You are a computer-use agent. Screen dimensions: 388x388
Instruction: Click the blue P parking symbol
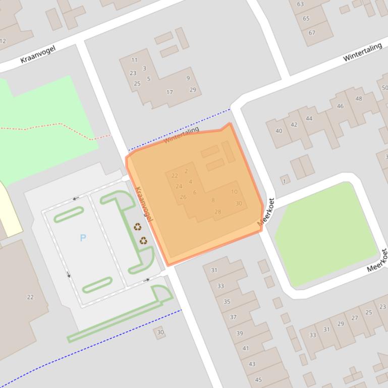(83, 238)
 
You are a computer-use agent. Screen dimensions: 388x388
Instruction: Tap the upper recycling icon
(138, 227)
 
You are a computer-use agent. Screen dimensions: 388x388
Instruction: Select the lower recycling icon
(144, 241)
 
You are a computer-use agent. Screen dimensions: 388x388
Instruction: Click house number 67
(312, 33)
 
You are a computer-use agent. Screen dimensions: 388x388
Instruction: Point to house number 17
(170, 92)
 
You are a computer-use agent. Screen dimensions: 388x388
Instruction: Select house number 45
(258, 380)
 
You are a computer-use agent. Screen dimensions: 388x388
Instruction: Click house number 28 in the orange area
(218, 212)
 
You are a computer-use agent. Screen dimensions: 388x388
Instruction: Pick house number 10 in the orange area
(234, 192)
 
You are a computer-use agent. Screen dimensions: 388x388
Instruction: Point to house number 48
(359, 99)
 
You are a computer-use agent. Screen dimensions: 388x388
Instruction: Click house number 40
(279, 131)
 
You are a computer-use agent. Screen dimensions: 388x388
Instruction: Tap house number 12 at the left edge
(3, 41)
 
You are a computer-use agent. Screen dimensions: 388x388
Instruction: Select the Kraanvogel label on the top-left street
(38, 54)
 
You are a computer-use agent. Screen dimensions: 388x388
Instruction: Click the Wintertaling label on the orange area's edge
(181, 135)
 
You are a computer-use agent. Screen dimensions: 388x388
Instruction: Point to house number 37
(233, 317)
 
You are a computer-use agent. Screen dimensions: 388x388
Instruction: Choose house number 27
(355, 318)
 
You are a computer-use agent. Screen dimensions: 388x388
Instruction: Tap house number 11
(134, 60)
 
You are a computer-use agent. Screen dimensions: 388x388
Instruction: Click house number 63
(300, 4)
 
